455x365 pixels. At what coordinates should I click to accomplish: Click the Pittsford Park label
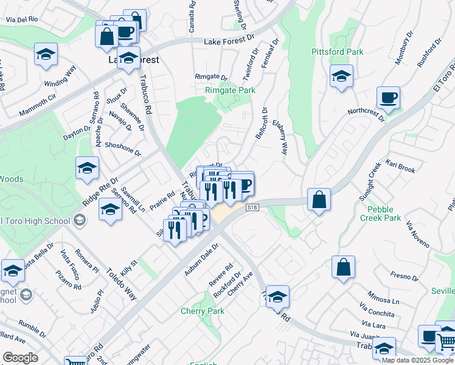click(x=337, y=52)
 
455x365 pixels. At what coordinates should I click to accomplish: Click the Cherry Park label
click(x=203, y=311)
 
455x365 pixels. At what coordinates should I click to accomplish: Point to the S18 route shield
click(x=252, y=208)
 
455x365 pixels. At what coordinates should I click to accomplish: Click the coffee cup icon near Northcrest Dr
click(x=387, y=97)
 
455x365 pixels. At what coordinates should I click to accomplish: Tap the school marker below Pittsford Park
click(x=341, y=77)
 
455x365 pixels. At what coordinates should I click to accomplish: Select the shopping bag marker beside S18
click(x=319, y=200)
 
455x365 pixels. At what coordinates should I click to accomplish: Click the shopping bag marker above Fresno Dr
click(x=343, y=267)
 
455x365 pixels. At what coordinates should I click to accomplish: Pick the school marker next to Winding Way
click(x=46, y=55)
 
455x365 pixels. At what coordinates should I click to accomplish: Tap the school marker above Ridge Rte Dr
click(x=88, y=169)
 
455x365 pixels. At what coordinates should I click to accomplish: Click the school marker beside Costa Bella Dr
click(x=12, y=271)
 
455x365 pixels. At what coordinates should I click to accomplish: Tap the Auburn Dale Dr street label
click(x=202, y=259)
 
